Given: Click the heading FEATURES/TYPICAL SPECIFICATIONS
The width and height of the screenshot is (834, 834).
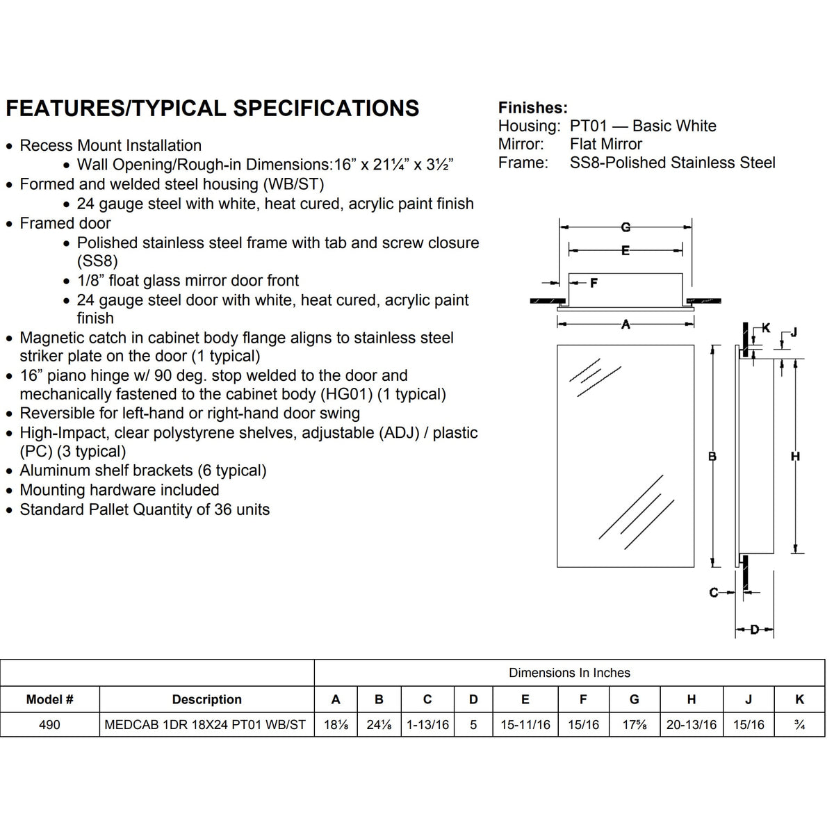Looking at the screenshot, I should pyautogui.click(x=212, y=108).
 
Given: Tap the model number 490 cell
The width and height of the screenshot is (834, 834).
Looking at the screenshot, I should pyautogui.click(x=49, y=725).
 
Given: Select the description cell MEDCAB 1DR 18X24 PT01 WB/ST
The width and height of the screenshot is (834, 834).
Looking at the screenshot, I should pyautogui.click(x=205, y=725).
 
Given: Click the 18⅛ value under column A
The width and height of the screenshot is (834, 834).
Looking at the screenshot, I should pyautogui.click(x=336, y=725).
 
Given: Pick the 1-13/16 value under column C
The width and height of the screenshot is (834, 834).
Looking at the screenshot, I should pyautogui.click(x=427, y=725).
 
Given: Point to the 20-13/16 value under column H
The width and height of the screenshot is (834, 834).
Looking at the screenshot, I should pyautogui.click(x=691, y=725).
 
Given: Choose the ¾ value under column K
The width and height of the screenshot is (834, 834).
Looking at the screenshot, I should pyautogui.click(x=799, y=725).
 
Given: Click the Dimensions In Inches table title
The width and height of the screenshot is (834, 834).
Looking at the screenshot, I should pyautogui.click(x=569, y=673).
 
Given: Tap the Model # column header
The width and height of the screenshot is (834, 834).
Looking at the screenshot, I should pyautogui.click(x=49, y=699).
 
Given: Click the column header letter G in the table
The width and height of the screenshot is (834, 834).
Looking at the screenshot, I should pyautogui.click(x=634, y=699).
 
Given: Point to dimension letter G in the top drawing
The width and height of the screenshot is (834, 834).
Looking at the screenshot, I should pyautogui.click(x=625, y=227).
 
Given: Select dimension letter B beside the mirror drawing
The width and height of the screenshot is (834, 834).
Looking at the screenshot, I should pyautogui.click(x=712, y=457).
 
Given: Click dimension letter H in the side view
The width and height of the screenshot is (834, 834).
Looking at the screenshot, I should pyautogui.click(x=796, y=457).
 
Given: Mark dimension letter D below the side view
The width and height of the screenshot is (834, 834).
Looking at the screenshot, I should pyautogui.click(x=755, y=630).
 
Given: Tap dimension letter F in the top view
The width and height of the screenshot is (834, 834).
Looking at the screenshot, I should pyautogui.click(x=594, y=283).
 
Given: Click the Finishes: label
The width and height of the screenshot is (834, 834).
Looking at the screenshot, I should pyautogui.click(x=532, y=108).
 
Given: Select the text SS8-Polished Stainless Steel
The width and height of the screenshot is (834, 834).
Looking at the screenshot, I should pyautogui.click(x=672, y=163).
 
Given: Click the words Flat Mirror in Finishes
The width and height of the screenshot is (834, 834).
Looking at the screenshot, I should pyautogui.click(x=605, y=144).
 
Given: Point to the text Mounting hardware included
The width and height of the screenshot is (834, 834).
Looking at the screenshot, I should pyautogui.click(x=119, y=490).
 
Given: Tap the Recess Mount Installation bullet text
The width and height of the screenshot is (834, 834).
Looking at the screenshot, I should pyautogui.click(x=111, y=145).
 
